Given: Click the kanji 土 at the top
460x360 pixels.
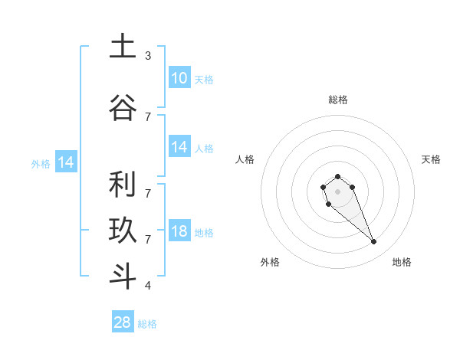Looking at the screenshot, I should tap(123, 47).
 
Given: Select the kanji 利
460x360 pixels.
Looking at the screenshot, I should tap(123, 185).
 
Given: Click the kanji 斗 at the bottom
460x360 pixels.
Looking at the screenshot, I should tap(123, 277).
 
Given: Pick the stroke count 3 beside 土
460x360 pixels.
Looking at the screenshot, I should tap(148, 56).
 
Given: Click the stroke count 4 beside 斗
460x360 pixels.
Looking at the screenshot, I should tap(148, 286).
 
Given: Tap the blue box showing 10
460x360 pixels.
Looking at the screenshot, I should tap(179, 77).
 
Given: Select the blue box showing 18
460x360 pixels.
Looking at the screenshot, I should tap(179, 231).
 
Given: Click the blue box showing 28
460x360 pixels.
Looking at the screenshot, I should tap(122, 322).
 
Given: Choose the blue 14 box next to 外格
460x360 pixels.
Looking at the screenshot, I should tap(65, 162).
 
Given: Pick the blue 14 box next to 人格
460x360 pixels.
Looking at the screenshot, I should tap(179, 147).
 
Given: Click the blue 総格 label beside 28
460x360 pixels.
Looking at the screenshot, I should tap(147, 324).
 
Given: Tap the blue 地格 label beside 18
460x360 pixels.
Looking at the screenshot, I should tap(204, 233).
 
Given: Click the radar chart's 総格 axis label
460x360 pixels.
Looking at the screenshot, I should tap(337, 100).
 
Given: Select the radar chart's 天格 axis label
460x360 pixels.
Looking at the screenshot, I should tap(431, 159).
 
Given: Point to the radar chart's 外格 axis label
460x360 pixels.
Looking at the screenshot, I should tap(269, 262).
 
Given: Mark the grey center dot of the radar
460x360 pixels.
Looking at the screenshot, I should tap(337, 190).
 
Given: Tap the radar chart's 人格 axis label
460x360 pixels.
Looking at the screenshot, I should tap(245, 159).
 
